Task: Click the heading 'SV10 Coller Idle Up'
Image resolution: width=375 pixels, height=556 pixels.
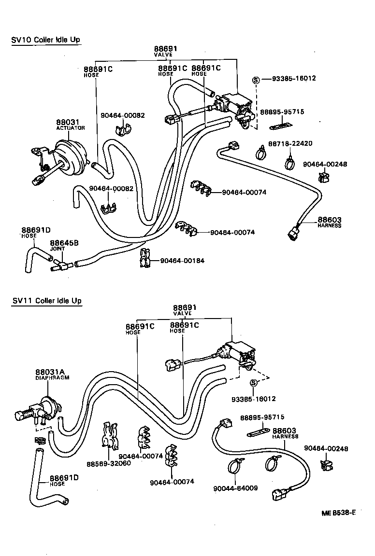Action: point(46,40)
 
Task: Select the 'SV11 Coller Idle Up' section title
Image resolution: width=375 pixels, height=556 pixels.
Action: point(46,301)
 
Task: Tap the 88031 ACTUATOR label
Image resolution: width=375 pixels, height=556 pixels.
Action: point(70,125)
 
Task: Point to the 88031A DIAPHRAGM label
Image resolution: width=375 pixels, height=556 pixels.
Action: point(52,375)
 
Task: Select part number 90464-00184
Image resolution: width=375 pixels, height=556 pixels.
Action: point(182,261)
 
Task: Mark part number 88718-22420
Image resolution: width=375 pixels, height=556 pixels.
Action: point(290,144)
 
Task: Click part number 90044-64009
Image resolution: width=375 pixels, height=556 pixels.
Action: point(235,488)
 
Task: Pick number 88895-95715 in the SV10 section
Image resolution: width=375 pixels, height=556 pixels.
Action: point(282,111)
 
